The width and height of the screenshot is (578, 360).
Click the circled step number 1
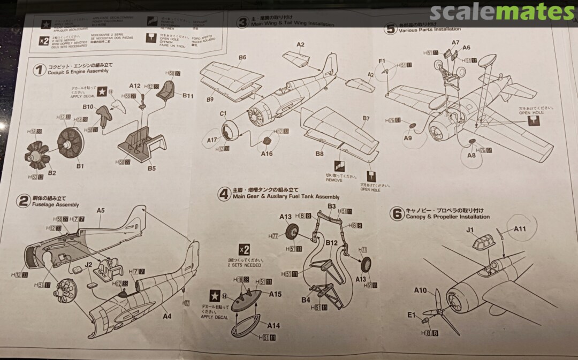coord(39,70)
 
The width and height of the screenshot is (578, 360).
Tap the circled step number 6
coord(396,214)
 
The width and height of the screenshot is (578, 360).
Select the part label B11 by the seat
coord(188,96)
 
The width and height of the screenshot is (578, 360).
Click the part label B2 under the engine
coord(52,173)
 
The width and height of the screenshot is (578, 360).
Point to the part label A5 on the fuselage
coord(101,211)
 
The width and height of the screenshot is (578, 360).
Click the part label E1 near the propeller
coord(411,315)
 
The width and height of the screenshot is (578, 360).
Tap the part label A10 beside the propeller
coord(420,290)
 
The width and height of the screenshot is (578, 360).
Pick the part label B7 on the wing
coord(366,118)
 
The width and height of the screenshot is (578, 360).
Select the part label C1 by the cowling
coord(224,113)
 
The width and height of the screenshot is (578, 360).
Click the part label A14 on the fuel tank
coord(273,325)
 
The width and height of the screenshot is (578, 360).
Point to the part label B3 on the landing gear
coord(331,206)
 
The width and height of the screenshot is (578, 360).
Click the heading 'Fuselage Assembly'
coord(55,204)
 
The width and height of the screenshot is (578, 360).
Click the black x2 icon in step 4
coord(244,249)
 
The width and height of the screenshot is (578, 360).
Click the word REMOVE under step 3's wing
coord(335,180)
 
